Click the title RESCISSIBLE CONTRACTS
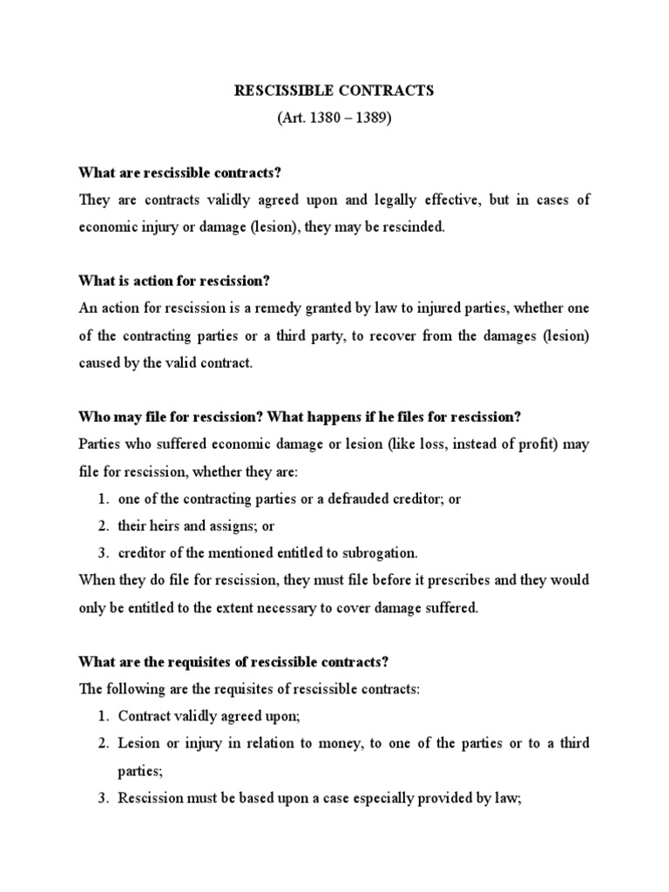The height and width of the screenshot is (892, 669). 335,91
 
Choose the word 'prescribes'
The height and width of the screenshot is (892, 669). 422,580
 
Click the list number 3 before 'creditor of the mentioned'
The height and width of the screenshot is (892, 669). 101,553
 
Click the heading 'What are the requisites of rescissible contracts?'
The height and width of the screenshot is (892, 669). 222,661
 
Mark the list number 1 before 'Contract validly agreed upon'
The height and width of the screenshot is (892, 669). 101,716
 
